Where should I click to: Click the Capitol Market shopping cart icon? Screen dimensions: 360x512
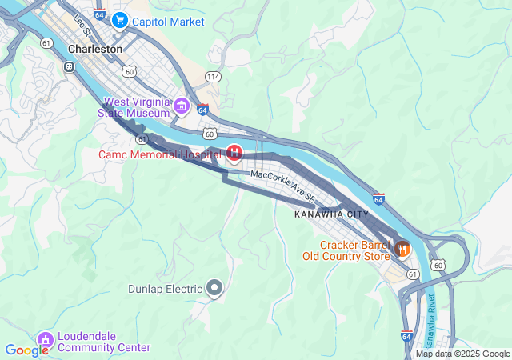119,20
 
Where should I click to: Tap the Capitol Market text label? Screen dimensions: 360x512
170,22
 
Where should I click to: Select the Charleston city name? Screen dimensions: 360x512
95,49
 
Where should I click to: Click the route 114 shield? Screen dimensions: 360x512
212,76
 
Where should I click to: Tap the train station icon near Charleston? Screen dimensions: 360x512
70,66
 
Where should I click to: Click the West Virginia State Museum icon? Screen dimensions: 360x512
182,106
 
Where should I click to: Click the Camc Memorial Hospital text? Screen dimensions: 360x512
160,154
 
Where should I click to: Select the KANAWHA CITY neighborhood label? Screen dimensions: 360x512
331,214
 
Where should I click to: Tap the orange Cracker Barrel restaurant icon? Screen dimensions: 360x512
402,249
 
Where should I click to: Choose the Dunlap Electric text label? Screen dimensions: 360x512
165,289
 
